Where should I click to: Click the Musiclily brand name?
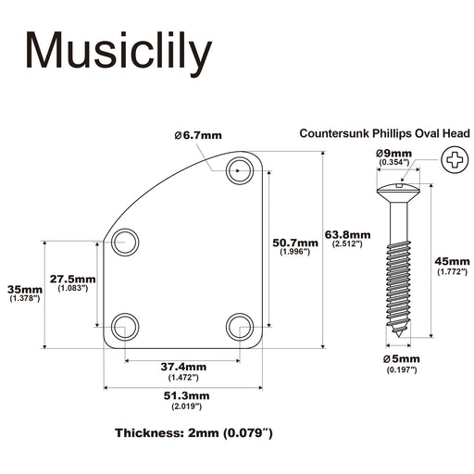coord(118,51)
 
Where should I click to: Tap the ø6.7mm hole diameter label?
coord(198,135)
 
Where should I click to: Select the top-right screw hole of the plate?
coord(240,170)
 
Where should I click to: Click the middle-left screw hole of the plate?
coord(125,243)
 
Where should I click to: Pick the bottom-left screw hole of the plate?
coord(125,327)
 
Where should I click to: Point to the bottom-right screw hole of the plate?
coord(240,327)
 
